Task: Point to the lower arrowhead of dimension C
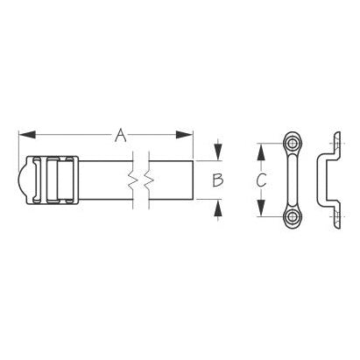[x=258, y=211]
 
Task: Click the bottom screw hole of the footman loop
[x=292, y=216]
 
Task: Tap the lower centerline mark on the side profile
[x=337, y=216]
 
